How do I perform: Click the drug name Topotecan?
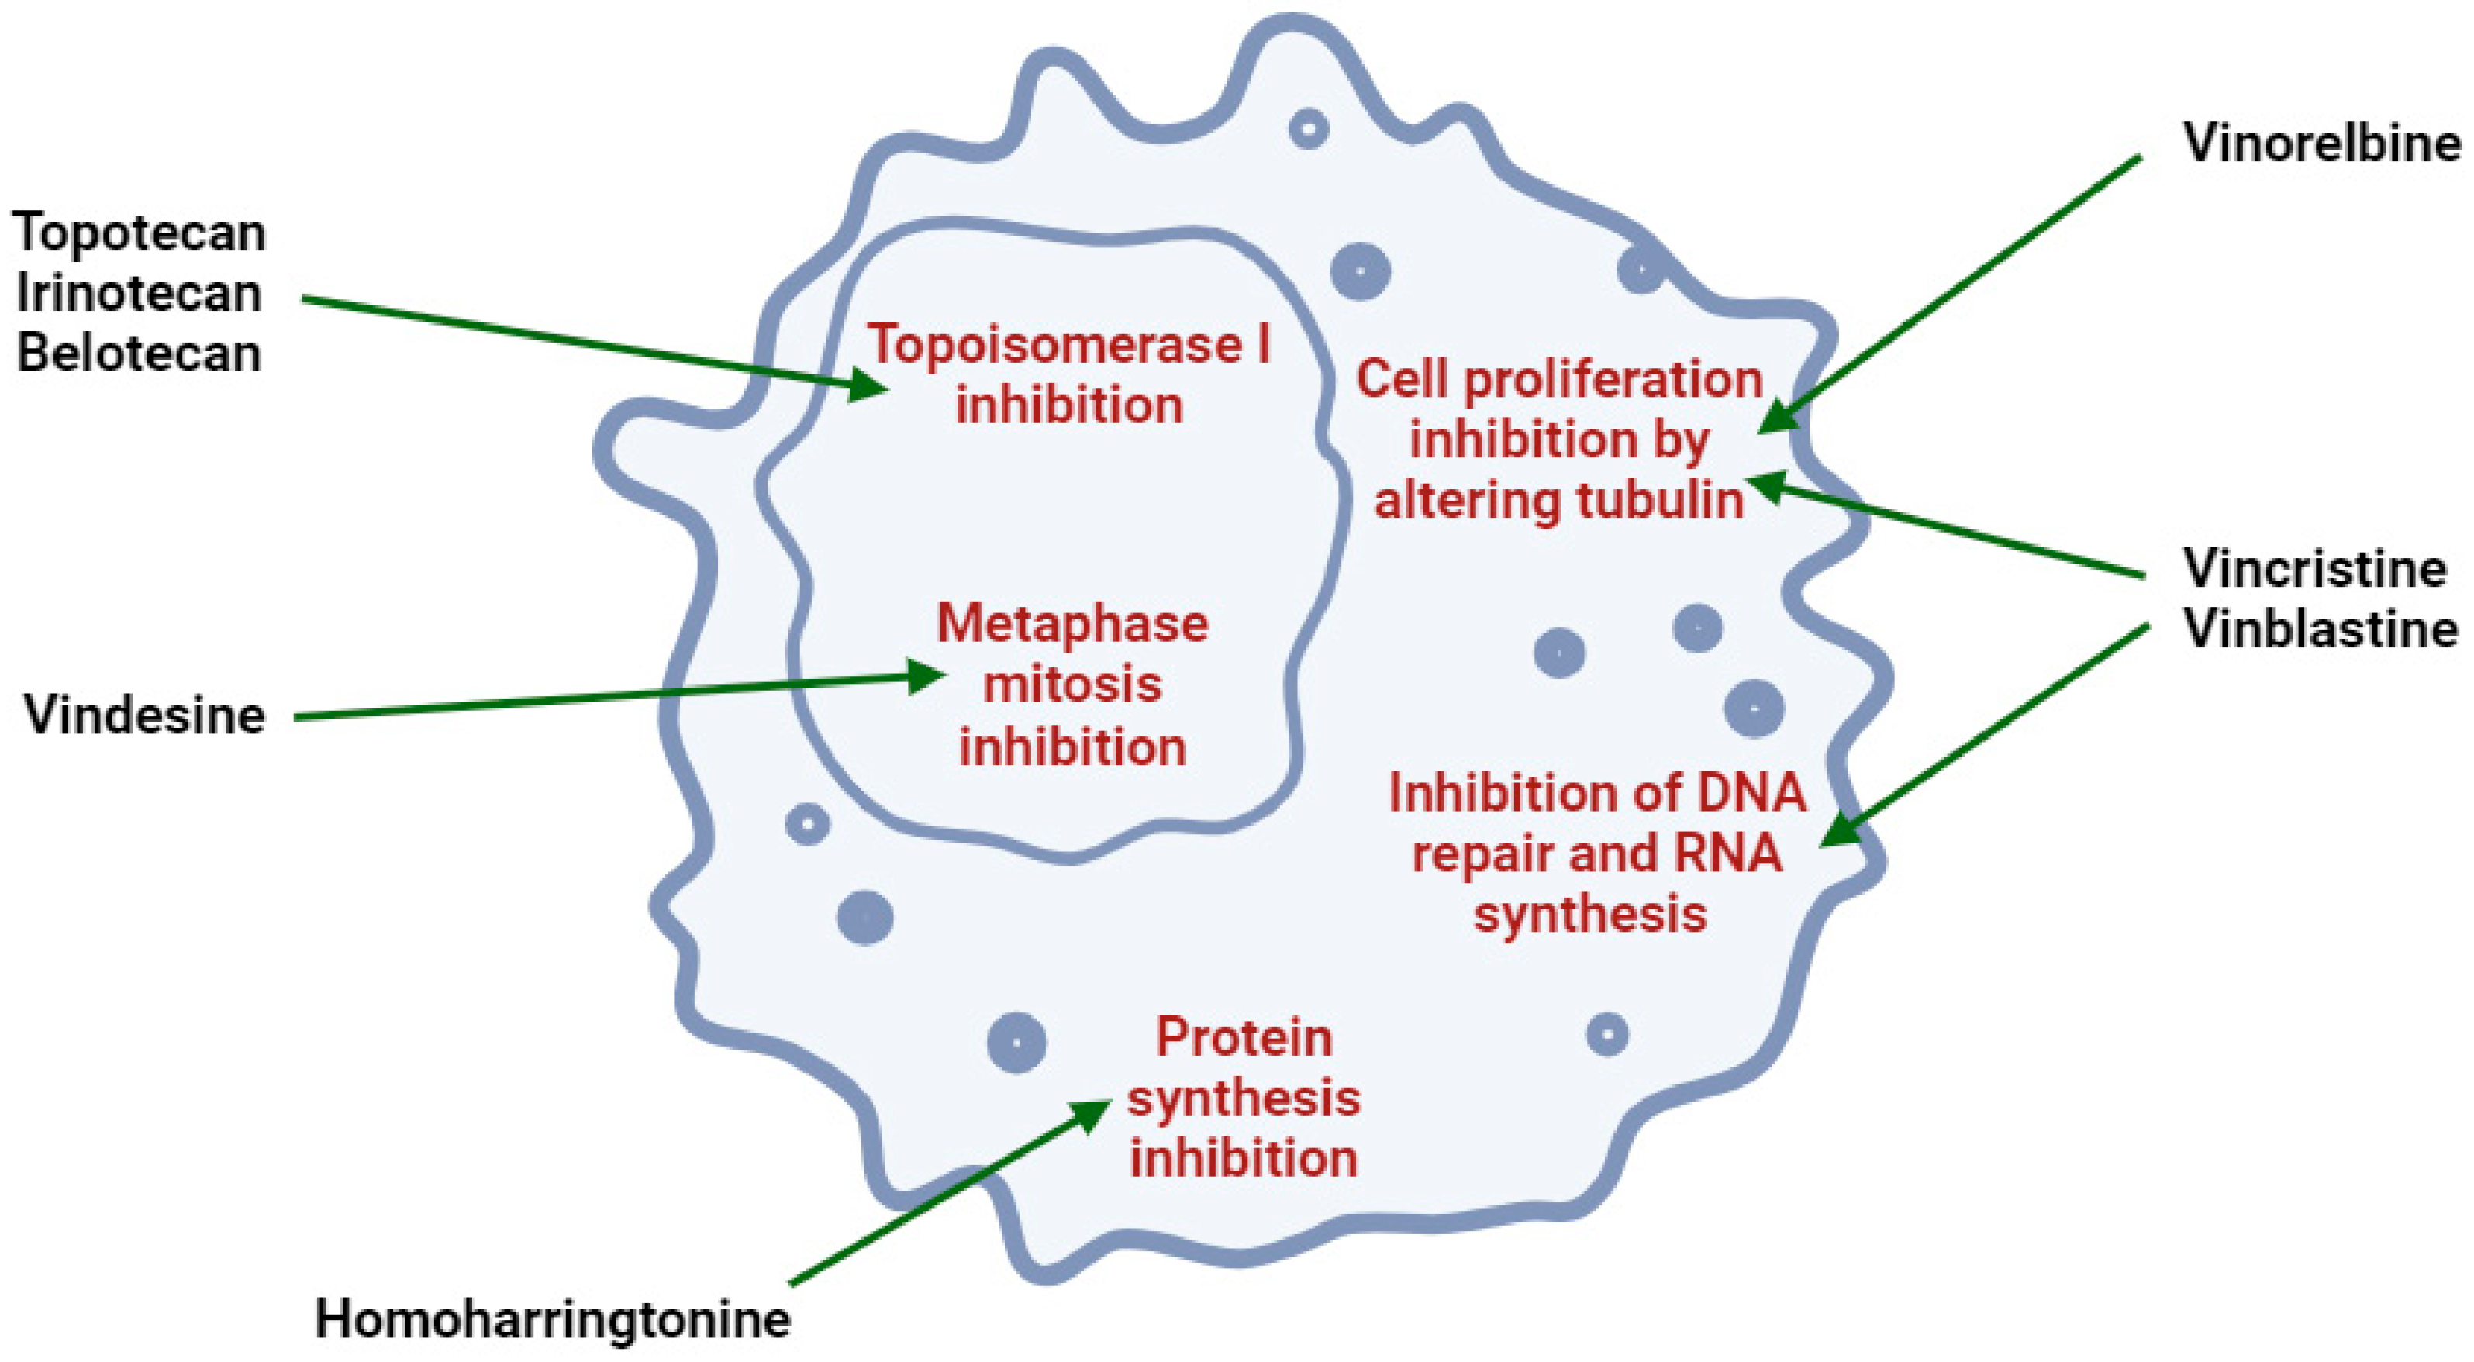tap(140, 233)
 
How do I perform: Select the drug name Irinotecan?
tap(140, 293)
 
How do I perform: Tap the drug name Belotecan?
tap(140, 353)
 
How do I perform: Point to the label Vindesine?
tap(145, 715)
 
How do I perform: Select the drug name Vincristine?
tap(2314, 569)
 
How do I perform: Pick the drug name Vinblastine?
tap(2320, 630)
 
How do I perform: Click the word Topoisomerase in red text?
tap(1054, 344)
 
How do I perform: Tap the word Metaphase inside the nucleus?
tap(1073, 623)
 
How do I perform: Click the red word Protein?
tap(1244, 1037)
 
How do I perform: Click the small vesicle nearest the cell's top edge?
tap(1308, 128)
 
